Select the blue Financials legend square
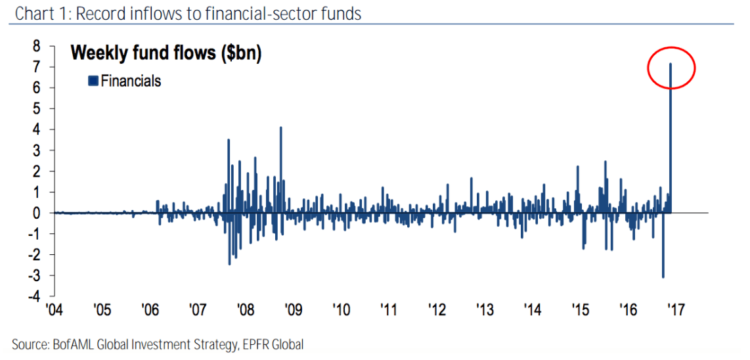[93, 81]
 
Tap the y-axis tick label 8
[37, 46]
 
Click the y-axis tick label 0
[37, 213]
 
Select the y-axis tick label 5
[37, 108]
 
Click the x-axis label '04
[55, 309]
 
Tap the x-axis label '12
[437, 309]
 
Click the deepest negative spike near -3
[663, 263]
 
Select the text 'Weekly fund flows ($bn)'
[166, 54]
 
